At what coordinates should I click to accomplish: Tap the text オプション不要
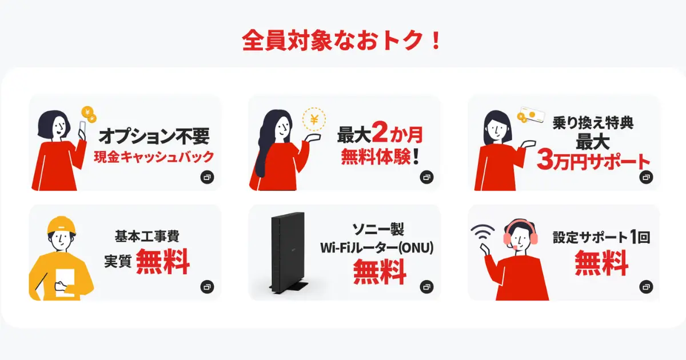(x=154, y=136)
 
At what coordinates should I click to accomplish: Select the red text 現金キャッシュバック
(x=154, y=157)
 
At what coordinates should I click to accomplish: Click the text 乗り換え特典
(x=593, y=123)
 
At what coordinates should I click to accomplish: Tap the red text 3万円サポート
(x=593, y=161)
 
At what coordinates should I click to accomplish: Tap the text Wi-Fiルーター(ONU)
(x=377, y=248)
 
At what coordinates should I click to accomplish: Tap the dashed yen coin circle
(x=314, y=119)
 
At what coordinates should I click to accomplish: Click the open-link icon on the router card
(x=426, y=287)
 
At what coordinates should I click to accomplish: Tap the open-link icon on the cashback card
(x=207, y=178)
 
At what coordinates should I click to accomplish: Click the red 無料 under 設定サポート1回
(x=601, y=264)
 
